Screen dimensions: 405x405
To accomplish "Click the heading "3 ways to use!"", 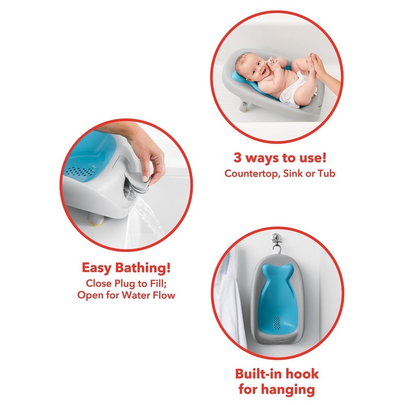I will pyautogui.click(x=280, y=158).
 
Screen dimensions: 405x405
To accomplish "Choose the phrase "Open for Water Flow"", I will pyautogui.click(x=126, y=295).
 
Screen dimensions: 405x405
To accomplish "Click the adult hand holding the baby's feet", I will pyautogui.click(x=324, y=69).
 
